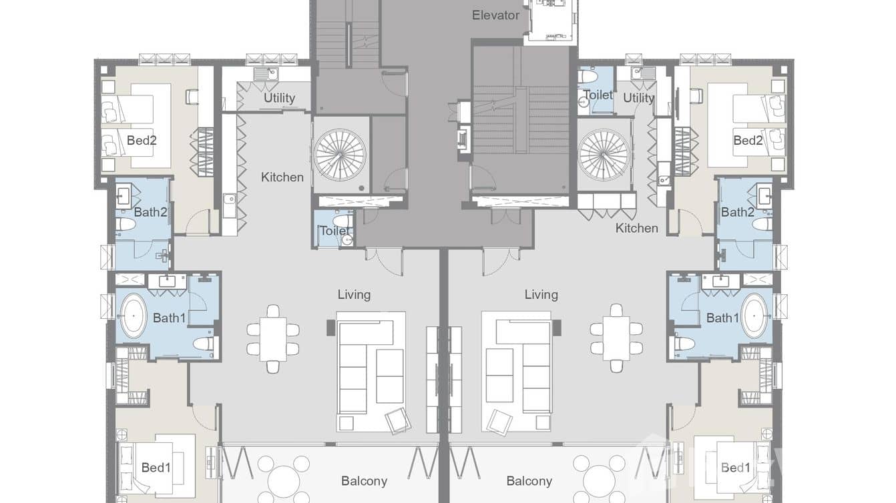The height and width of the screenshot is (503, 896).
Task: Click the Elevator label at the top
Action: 495,15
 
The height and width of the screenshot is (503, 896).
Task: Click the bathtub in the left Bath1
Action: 134,316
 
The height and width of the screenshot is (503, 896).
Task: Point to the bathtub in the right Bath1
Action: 755,316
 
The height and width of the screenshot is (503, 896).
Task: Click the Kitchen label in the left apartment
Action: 282,177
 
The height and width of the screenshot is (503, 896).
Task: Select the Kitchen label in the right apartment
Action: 636,228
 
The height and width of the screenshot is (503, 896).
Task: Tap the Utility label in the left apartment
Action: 279,97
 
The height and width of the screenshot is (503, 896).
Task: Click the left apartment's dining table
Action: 273,338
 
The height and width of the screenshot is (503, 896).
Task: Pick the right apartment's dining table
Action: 616,338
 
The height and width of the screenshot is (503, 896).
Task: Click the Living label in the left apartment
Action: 354,294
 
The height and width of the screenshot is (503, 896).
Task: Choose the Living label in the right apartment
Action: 541,294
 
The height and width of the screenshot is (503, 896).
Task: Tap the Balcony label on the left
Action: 364,481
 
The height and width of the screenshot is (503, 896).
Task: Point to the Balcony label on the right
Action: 529,481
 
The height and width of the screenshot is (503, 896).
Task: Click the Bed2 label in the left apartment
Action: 142,140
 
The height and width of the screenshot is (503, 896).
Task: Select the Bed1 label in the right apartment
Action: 735,468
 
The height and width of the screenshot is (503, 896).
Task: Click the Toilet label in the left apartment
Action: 334,231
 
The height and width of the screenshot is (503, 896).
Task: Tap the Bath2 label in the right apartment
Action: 737,212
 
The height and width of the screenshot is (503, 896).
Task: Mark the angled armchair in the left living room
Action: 398,420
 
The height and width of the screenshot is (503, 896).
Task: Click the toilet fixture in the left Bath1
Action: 204,344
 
